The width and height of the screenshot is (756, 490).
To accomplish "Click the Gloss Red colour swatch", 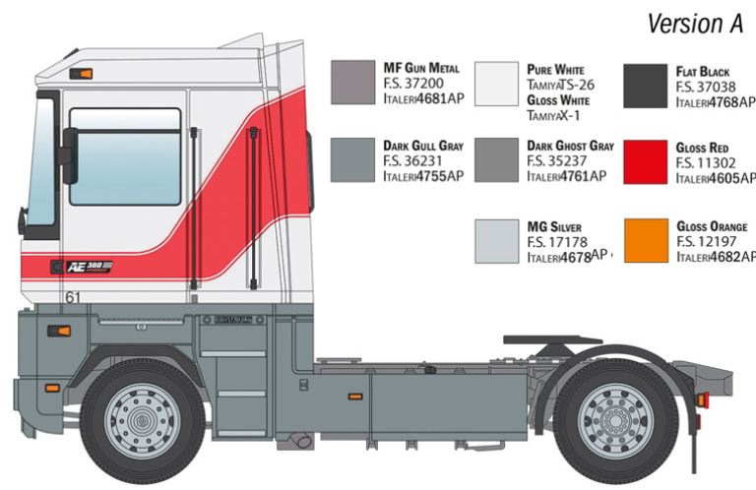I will [x=646, y=160].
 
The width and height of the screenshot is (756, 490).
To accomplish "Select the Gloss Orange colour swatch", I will [x=646, y=240].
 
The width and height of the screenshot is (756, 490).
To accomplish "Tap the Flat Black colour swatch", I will [x=646, y=84].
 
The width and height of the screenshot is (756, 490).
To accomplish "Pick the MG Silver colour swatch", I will [x=496, y=240].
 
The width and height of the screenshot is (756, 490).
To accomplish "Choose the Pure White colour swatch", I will [x=496, y=84].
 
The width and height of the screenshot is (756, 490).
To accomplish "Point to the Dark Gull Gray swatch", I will [x=353, y=160].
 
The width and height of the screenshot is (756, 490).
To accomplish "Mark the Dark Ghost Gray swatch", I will [x=496, y=160].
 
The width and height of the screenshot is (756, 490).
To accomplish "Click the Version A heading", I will [x=695, y=24].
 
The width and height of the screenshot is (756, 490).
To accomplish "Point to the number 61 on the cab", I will [x=72, y=296].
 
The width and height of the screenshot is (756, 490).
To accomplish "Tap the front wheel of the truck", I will [x=143, y=414].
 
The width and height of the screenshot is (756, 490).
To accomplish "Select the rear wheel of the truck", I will [x=613, y=414].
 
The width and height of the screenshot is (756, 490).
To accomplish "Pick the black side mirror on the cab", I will [x=68, y=155].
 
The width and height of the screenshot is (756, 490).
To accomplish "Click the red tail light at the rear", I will [x=702, y=399].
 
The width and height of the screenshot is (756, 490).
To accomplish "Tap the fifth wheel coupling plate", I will [x=551, y=340].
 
